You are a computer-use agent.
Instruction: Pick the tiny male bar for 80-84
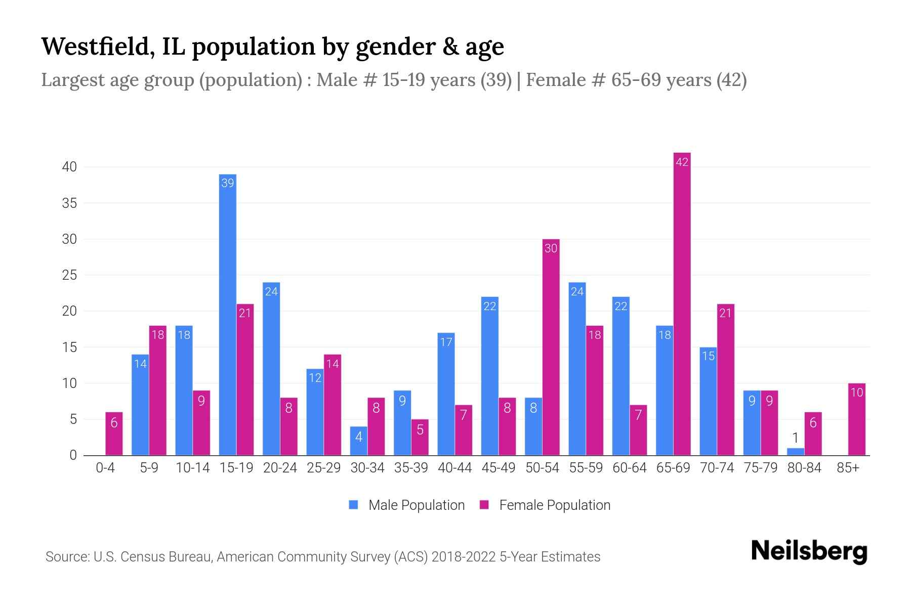point(795,452)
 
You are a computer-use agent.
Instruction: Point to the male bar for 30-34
point(358,441)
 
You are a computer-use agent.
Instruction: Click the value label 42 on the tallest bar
point(682,162)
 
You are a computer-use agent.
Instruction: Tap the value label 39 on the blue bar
point(227,183)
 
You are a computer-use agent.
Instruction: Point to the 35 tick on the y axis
point(69,203)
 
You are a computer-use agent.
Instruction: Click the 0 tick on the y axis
point(73,455)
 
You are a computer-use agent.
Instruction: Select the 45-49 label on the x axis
point(498,468)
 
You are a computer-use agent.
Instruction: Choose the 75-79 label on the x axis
point(760,468)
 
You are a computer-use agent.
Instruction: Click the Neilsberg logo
point(809,551)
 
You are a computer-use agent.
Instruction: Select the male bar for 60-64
point(620,379)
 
